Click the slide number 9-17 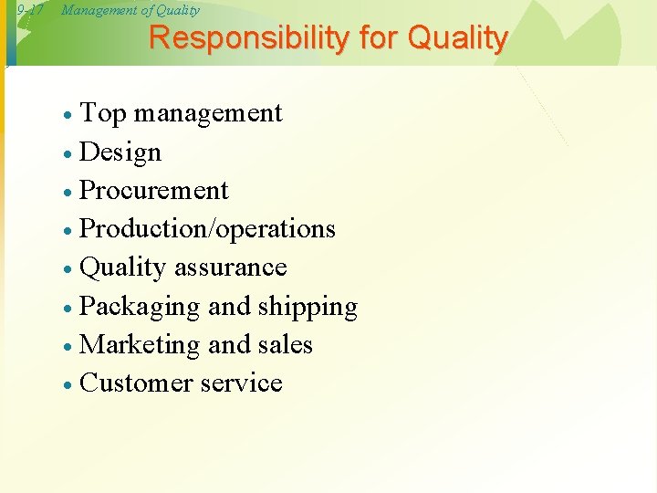[30, 11]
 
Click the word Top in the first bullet [103, 113]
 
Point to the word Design [120, 152]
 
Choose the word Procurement [154, 190]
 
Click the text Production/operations [208, 228]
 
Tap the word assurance [230, 267]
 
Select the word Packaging [140, 307]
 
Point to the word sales [285, 344]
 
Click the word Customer [135, 383]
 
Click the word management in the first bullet [208, 113]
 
